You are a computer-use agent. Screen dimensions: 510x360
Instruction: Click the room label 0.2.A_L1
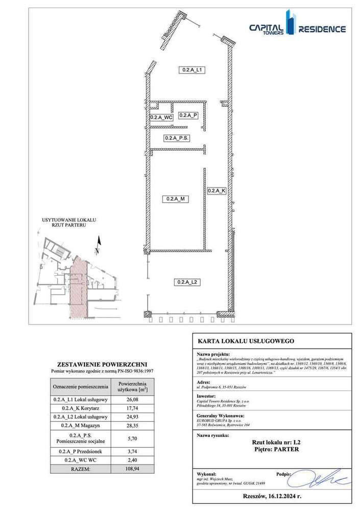193,70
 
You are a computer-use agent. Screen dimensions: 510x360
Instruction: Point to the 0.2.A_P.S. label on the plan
177,138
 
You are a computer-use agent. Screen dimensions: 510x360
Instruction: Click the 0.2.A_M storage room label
175,199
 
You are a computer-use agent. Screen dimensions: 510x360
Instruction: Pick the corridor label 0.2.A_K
217,191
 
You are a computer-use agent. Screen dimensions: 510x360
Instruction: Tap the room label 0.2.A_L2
187,282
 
